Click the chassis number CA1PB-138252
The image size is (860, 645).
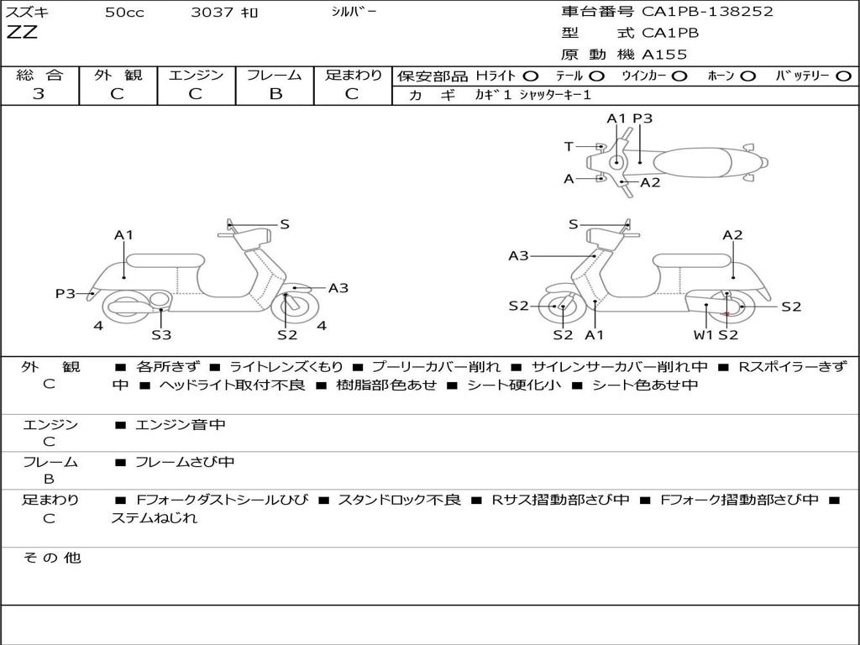[x=707, y=12]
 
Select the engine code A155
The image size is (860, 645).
[x=664, y=55]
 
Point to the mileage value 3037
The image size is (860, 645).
[x=212, y=13]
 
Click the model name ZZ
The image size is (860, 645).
[x=22, y=34]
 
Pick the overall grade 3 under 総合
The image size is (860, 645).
[x=39, y=94]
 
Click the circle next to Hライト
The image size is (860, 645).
[x=531, y=76]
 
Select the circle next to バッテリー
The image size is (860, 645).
[x=844, y=76]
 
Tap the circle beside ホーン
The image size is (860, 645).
[x=747, y=76]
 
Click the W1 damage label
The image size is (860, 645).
[x=702, y=335]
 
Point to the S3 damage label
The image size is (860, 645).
[x=161, y=335]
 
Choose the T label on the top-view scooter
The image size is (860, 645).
[x=569, y=147]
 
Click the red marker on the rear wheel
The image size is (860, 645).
[x=726, y=313]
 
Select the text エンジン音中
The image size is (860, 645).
[x=180, y=425]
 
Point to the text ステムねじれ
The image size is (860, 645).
[x=155, y=518]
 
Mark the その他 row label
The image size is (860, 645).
[x=51, y=558]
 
